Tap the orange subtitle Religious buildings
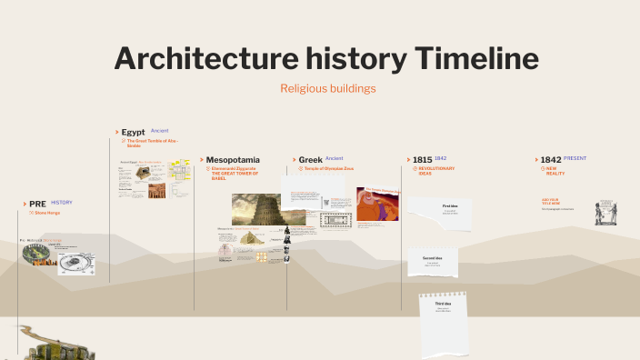coord(327,88)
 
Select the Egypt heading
coord(133,132)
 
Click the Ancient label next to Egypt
coord(160,131)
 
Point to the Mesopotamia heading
coord(233,159)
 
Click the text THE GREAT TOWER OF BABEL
coord(235,175)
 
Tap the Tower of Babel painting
coord(257,209)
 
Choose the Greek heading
coord(311,159)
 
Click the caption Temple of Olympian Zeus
coord(328,168)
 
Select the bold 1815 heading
coord(422,159)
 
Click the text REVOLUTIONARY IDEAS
coord(436,171)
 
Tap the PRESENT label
coord(575,158)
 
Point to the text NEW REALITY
coord(555,171)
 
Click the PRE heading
coord(37,204)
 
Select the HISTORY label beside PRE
coord(62,203)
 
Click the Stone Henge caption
coord(47,213)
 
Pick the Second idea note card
coord(432,262)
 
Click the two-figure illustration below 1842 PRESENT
coord(606,214)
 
